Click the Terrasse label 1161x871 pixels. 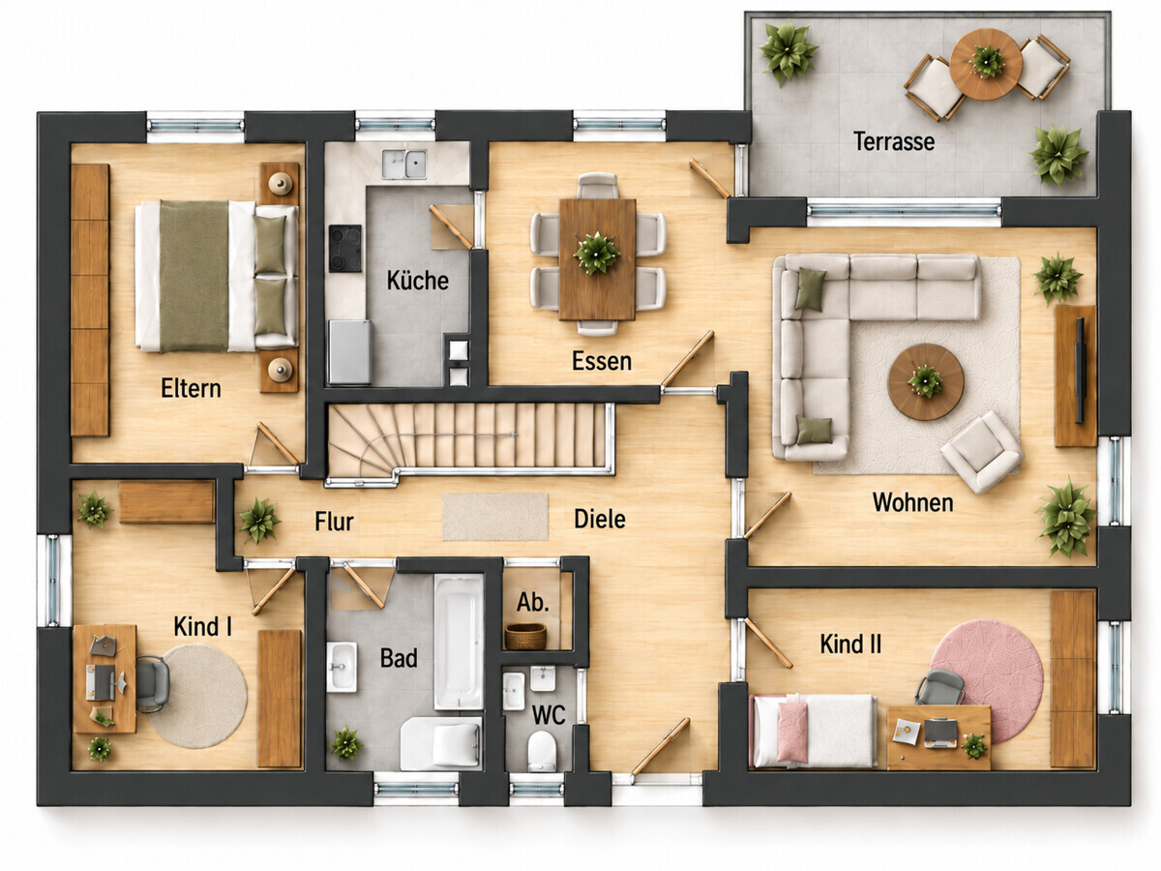click(893, 141)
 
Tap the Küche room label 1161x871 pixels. click(417, 281)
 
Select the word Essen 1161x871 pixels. click(602, 361)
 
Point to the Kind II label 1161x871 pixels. click(850, 644)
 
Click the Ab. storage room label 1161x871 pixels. click(533, 602)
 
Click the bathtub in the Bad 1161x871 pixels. click(459, 642)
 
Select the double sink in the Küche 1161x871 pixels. click(404, 164)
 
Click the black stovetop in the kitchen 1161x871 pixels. click(345, 248)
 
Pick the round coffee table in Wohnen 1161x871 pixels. click(926, 381)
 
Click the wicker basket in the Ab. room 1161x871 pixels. click(525, 636)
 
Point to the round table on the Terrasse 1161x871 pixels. click(986, 64)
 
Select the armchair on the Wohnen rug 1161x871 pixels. click(981, 452)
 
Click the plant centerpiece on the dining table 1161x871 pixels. click(597, 254)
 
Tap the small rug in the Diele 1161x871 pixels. click(495, 517)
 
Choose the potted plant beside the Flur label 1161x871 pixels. click(259, 521)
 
